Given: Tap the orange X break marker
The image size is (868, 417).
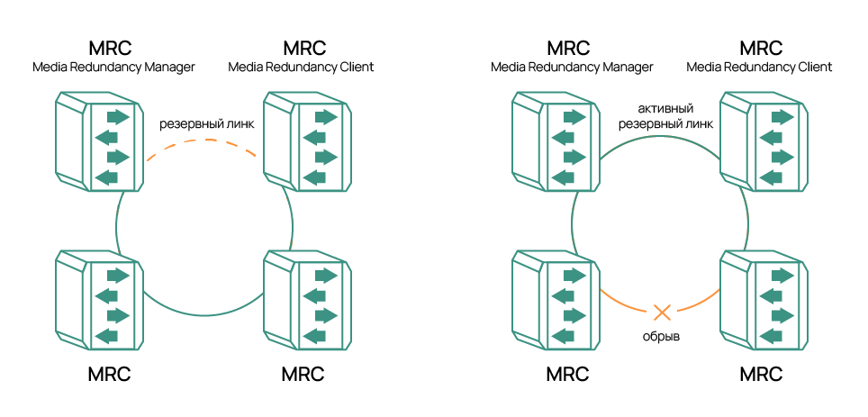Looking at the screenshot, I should coord(662,313).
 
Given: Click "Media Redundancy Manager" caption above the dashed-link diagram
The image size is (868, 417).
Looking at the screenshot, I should coord(113,68).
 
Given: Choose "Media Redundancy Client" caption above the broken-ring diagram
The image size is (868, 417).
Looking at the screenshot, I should coord(759,68).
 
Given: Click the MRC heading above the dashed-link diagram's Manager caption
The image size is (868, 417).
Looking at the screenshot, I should coord(110,47).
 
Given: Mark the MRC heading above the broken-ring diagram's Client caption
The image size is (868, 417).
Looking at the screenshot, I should coord(760,47).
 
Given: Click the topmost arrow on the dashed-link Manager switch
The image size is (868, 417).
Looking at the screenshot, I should coord(116,117).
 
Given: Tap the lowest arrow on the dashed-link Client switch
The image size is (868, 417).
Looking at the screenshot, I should coord(314,176).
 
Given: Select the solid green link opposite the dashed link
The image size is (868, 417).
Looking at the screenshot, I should coord(204,313).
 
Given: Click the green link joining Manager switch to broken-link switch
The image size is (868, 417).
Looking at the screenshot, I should coord(573,222).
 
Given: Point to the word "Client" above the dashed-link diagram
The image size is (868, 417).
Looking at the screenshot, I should coord(354,68).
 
